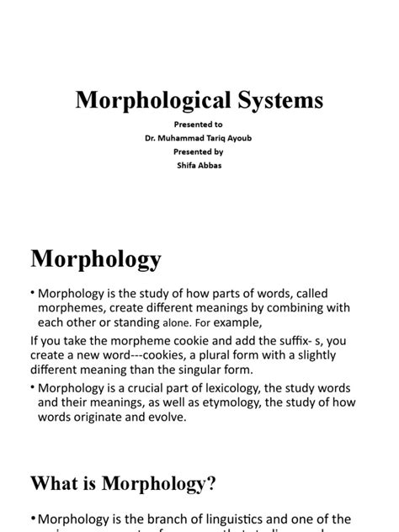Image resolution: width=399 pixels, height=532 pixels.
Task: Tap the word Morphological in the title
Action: (x=149, y=101)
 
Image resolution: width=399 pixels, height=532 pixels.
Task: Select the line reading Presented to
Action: (x=199, y=123)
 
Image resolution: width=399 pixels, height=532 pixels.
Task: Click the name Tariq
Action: (x=214, y=138)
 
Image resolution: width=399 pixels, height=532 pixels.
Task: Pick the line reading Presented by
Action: (x=199, y=152)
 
